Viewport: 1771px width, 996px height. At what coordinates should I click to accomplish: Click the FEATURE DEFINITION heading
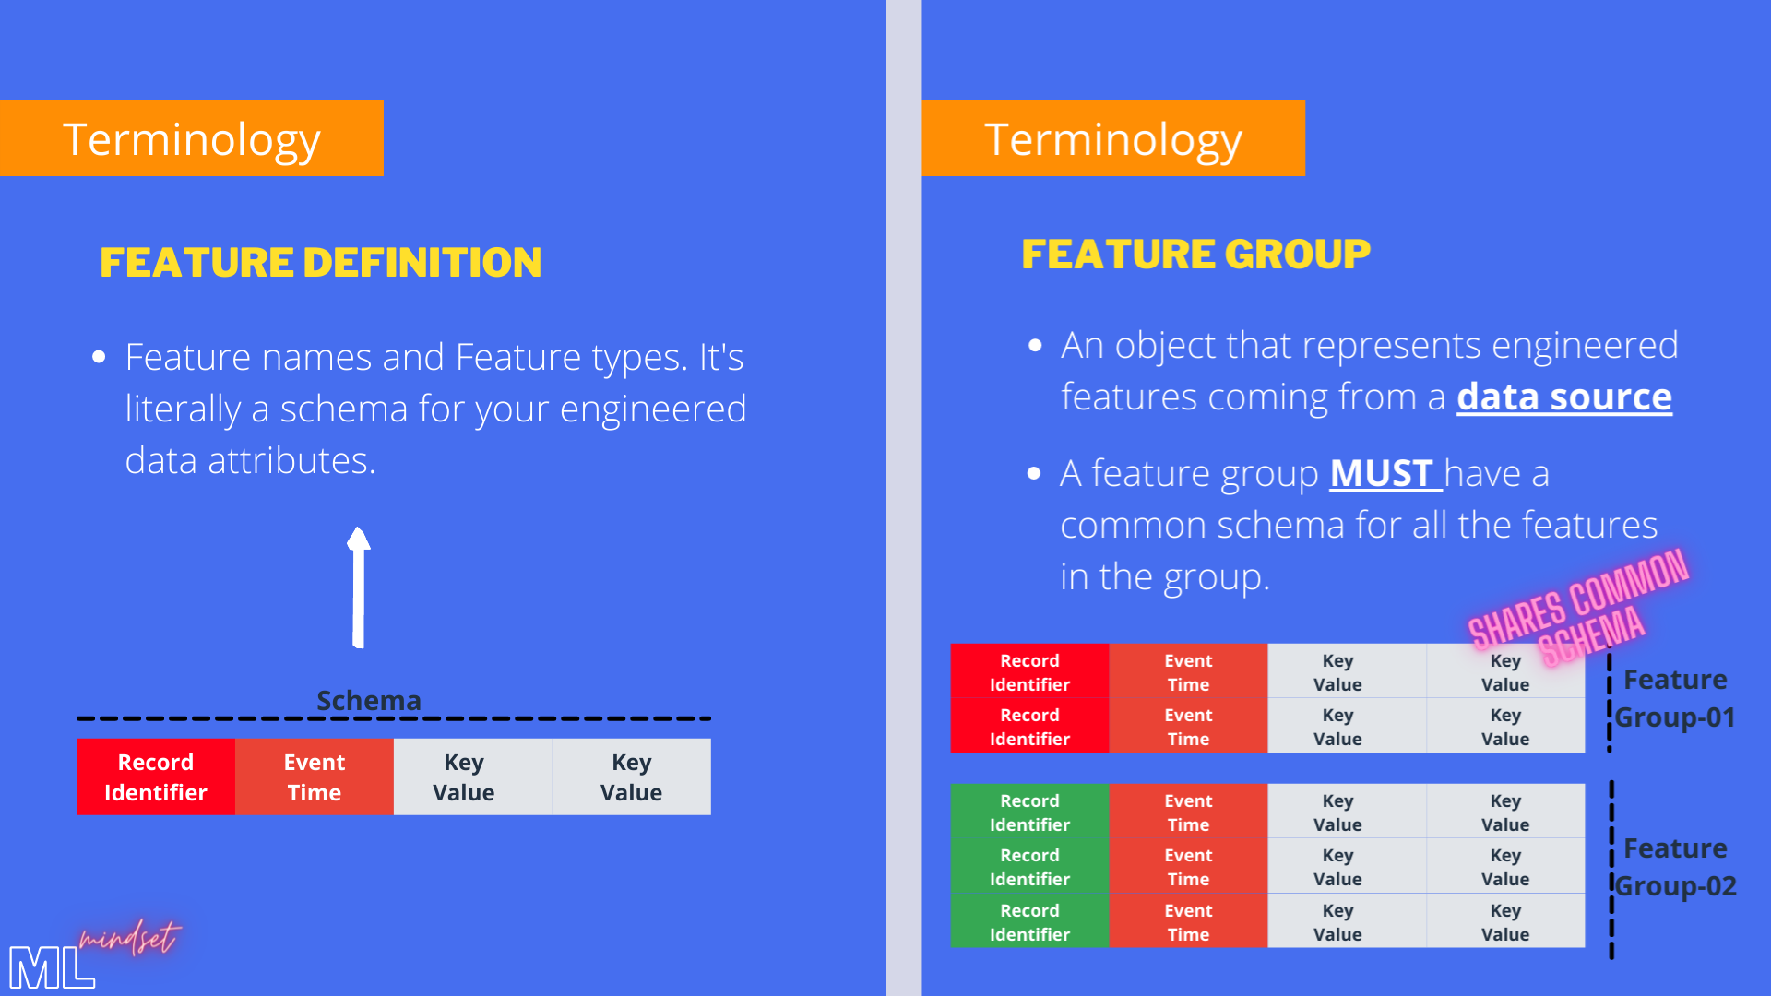point(320,263)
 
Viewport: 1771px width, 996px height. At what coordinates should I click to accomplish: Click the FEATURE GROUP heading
point(1195,255)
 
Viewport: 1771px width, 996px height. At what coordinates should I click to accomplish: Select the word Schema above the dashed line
point(368,701)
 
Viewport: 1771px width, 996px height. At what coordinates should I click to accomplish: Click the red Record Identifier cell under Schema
point(156,777)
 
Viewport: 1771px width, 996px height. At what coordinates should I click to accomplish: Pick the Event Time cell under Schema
point(315,777)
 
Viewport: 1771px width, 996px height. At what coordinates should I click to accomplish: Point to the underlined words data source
point(1563,397)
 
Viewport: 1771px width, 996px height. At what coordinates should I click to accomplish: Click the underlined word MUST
point(1381,474)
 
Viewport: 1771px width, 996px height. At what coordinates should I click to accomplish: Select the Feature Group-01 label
point(1675,698)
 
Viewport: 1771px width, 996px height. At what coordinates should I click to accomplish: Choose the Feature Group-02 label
point(1675,867)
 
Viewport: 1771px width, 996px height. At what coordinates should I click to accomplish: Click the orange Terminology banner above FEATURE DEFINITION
point(192,138)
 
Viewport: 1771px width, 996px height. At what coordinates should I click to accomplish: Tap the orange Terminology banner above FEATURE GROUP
point(1113,138)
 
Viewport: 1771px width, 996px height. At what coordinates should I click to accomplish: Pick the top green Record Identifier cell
point(1029,812)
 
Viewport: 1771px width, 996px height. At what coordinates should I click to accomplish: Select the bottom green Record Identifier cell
point(1029,921)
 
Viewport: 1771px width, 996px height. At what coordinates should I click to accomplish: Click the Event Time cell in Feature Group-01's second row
point(1188,727)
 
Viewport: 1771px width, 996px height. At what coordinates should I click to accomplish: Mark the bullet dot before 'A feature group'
point(1034,474)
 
